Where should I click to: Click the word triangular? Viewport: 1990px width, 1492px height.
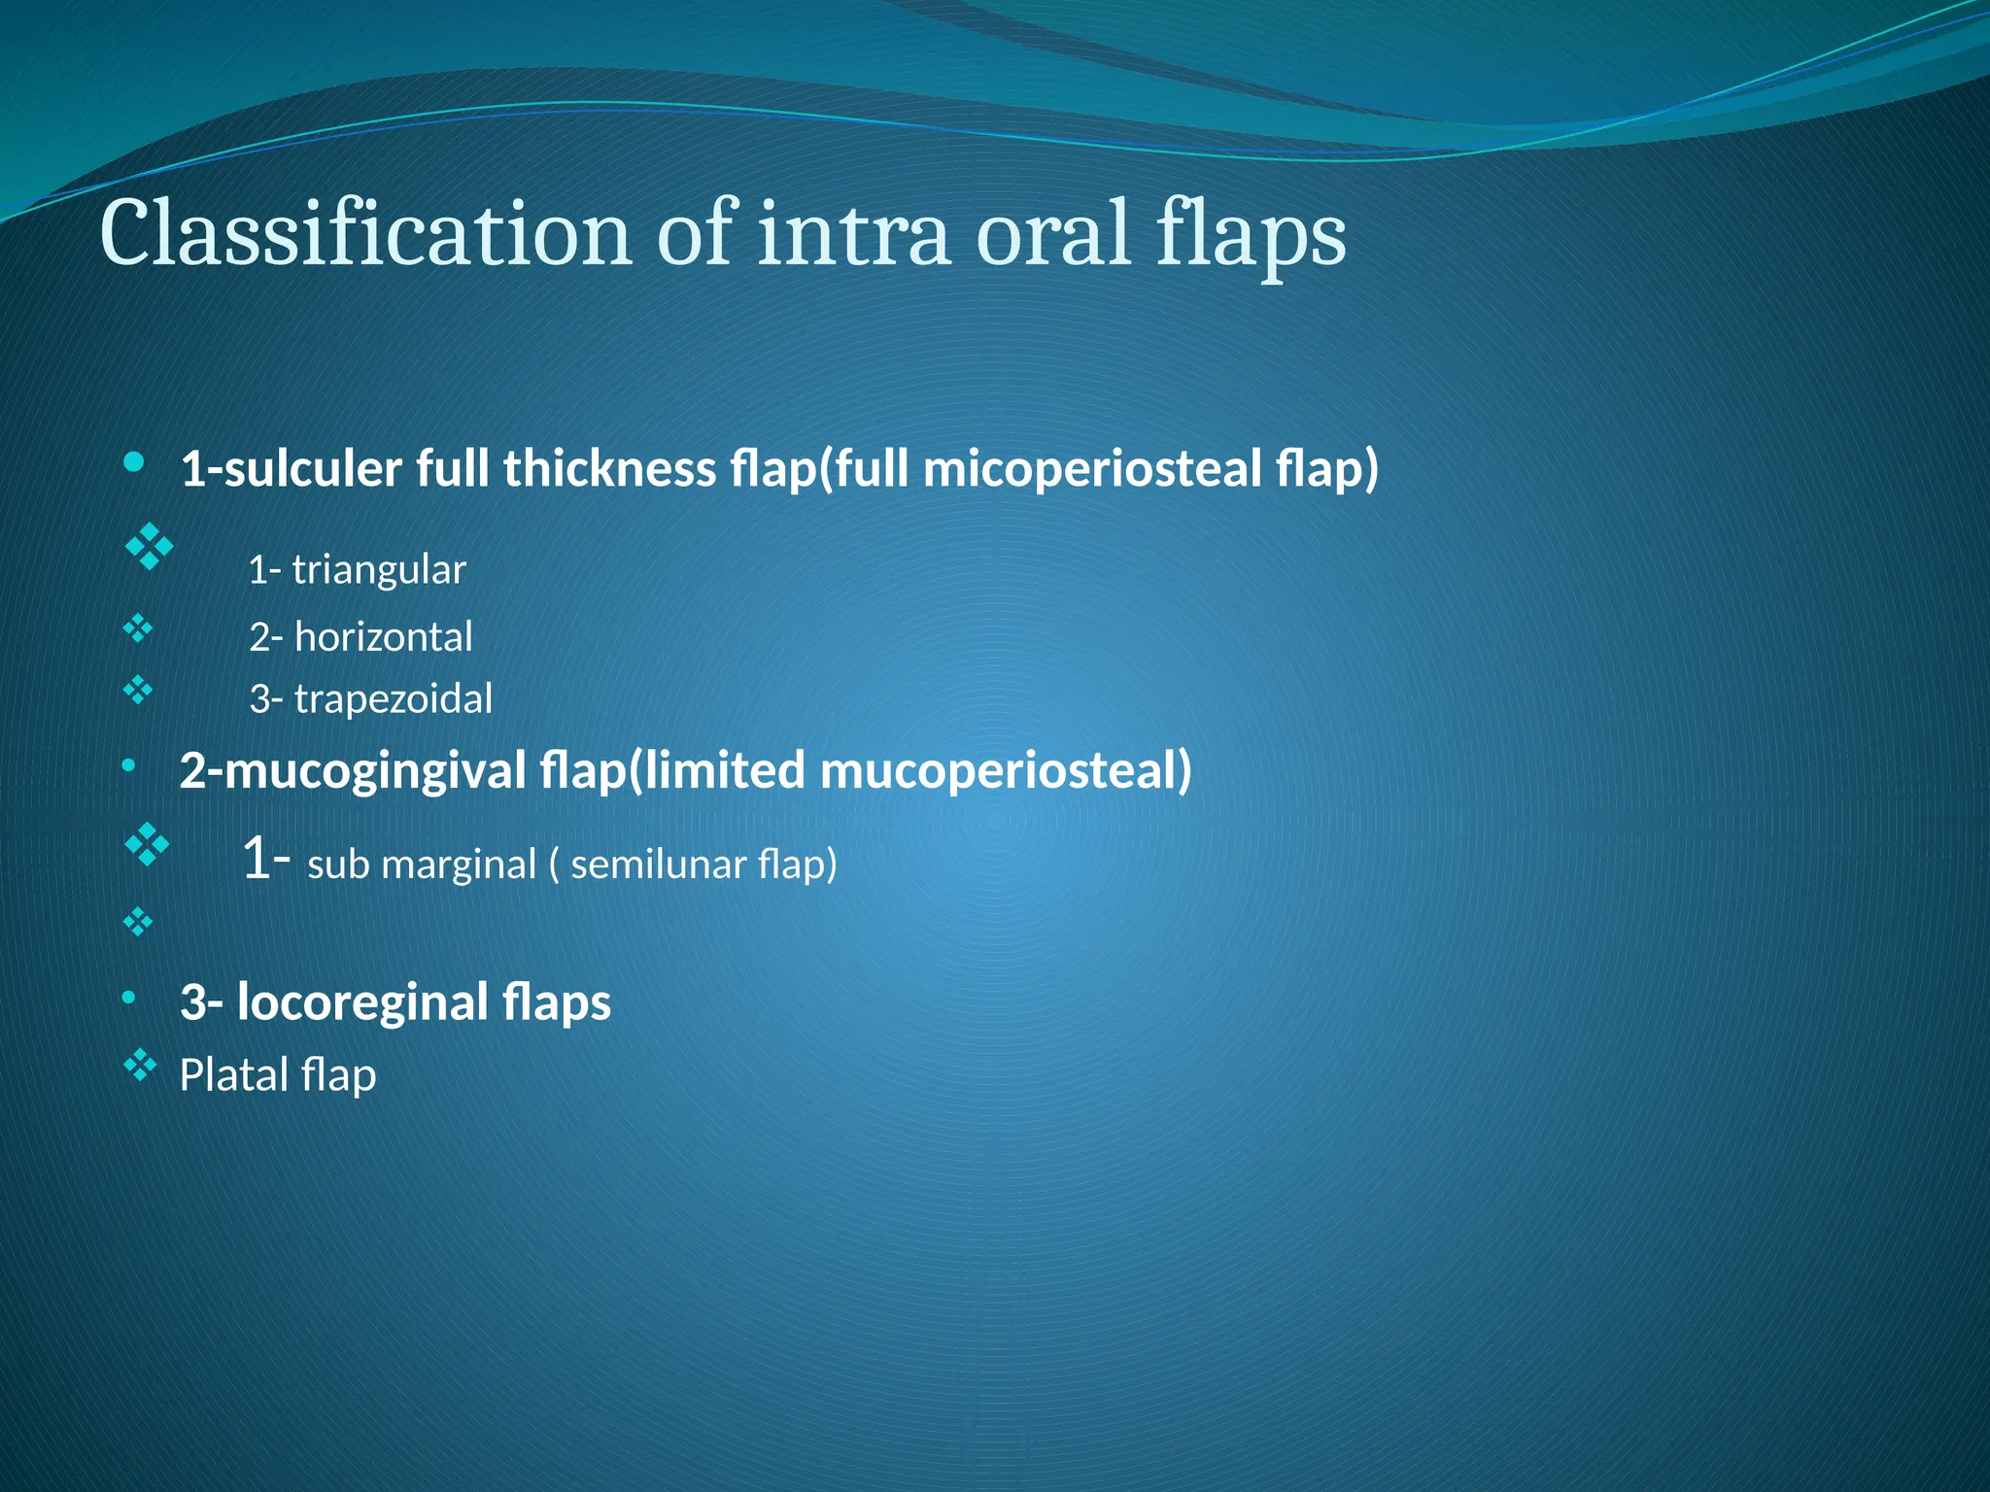tap(379, 570)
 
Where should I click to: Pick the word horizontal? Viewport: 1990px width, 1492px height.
tap(383, 637)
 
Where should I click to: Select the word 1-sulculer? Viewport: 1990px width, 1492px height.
tap(291, 469)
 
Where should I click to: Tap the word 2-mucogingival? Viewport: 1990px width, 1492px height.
tap(353, 770)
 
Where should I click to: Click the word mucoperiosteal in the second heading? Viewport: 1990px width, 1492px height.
tap(1005, 770)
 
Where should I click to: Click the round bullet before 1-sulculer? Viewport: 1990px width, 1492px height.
tap(134, 461)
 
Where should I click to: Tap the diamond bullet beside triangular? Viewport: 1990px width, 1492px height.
tap(150, 547)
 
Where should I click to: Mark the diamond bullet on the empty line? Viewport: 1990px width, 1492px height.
tap(138, 922)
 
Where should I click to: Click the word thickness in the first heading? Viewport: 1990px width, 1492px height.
tap(609, 469)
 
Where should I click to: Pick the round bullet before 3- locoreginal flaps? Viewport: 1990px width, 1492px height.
tap(128, 998)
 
